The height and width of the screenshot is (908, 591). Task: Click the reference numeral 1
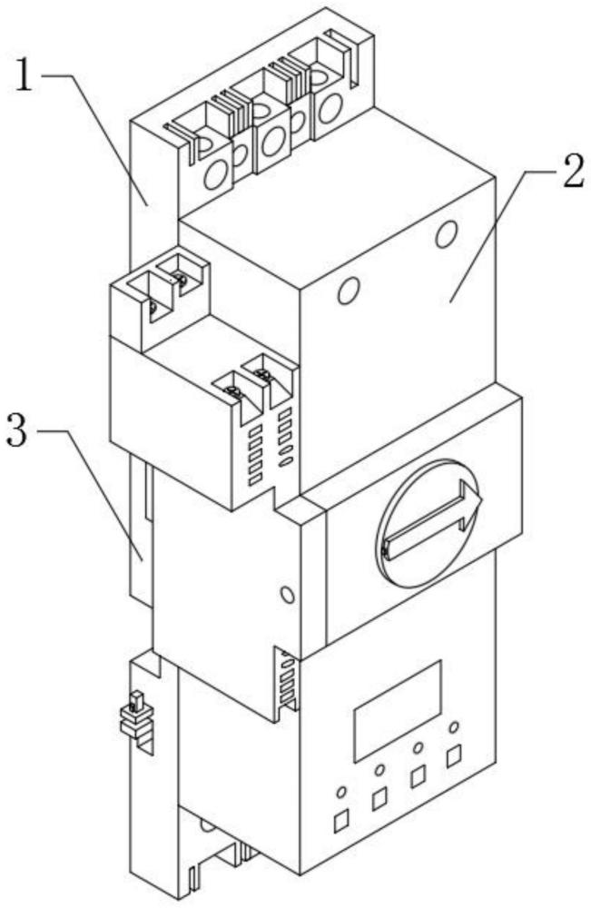24,75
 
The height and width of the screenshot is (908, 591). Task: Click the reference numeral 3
16,430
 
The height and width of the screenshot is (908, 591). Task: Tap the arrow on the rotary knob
434,519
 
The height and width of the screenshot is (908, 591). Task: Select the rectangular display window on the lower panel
398,711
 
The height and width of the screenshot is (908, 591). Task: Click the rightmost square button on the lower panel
455,755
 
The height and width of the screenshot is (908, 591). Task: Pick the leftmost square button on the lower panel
341,820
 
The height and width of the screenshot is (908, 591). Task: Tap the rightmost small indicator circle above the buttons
455,726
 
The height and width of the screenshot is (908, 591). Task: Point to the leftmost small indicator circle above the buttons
341,791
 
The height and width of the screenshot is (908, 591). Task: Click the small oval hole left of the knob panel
286,595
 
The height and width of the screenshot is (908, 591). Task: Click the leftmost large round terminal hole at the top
215,174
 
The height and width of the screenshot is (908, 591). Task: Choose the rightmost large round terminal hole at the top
329,108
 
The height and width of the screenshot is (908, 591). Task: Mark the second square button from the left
379,799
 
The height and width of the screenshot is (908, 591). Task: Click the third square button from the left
417,777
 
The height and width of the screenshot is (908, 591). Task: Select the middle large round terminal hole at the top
271,142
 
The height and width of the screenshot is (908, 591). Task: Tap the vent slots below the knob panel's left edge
287,678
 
